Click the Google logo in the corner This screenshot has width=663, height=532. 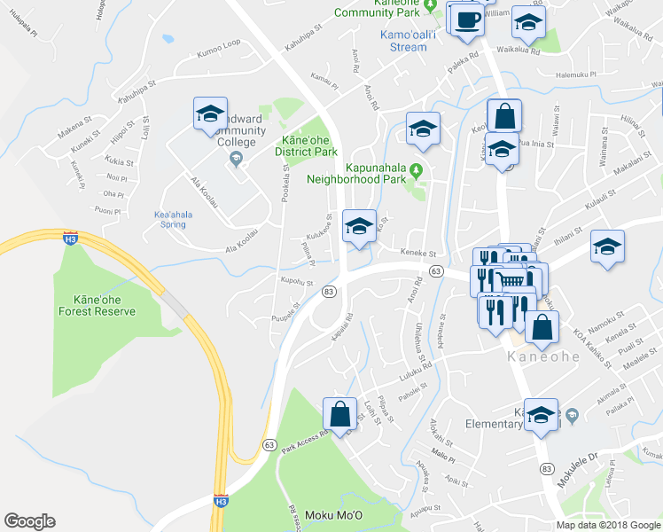(x=30, y=521)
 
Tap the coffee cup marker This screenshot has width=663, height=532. (x=467, y=19)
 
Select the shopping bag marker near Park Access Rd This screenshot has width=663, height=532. (x=341, y=412)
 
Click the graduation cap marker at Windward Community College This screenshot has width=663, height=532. (x=211, y=114)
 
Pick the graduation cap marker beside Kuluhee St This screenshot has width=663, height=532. (x=359, y=226)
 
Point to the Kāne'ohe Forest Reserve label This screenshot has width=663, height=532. (x=97, y=305)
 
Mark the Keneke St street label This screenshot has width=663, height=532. (x=413, y=253)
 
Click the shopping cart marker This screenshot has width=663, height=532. (x=508, y=280)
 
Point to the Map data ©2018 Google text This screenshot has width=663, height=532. (x=609, y=525)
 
